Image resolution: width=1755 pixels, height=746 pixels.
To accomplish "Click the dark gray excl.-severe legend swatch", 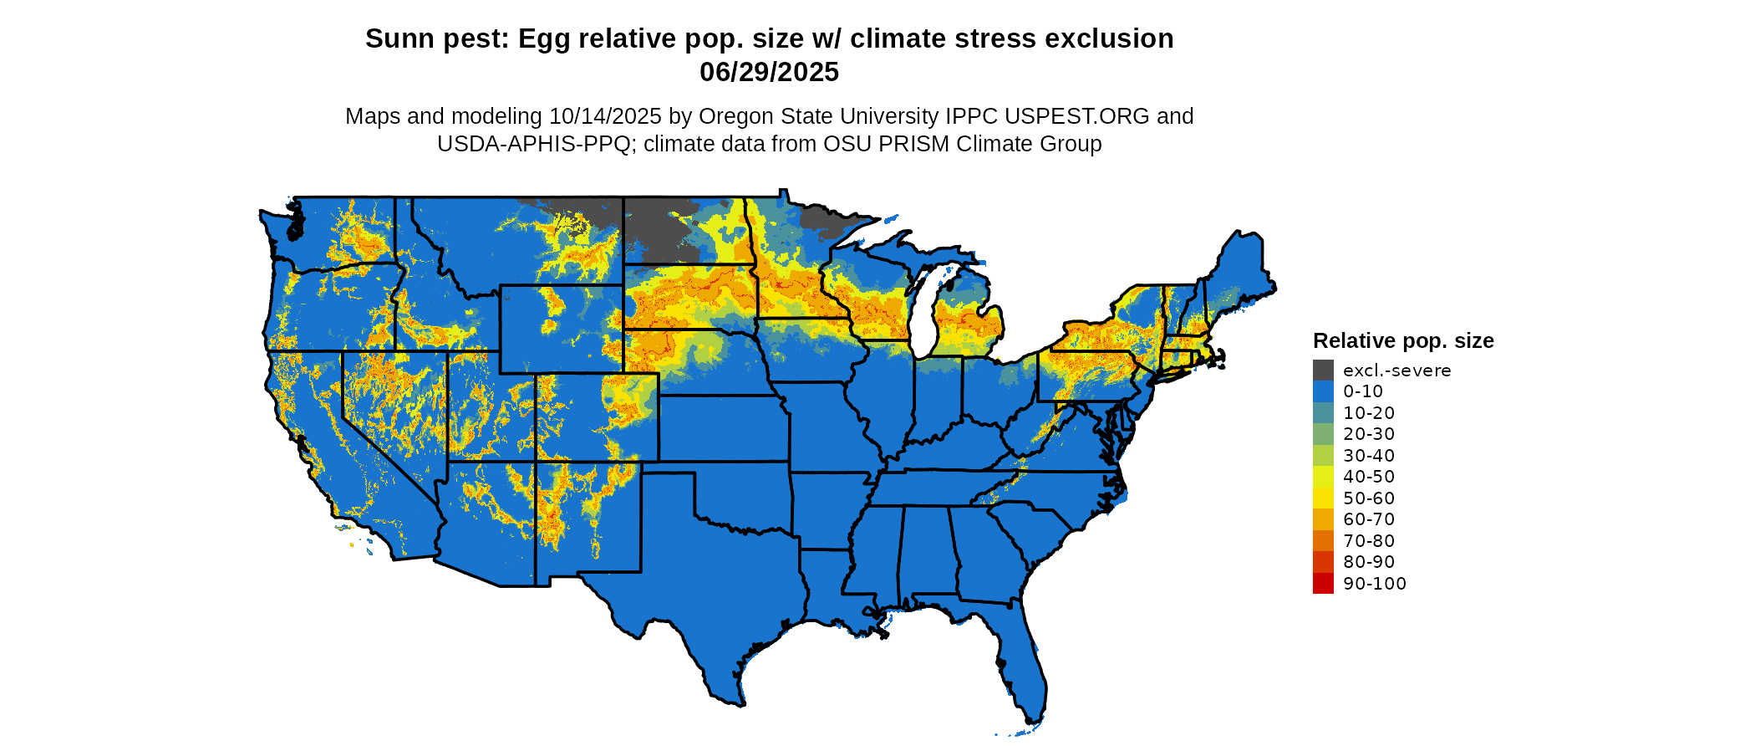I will pyautogui.click(x=1323, y=370).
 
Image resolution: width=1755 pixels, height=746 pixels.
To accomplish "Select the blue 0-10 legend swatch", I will pyautogui.click(x=1323, y=391).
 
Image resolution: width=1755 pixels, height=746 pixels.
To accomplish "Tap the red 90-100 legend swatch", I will pyautogui.click(x=1323, y=583).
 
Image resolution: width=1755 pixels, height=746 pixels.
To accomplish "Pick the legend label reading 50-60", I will pyautogui.click(x=1369, y=498).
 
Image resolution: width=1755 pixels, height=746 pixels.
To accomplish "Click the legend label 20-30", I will pyautogui.click(x=1369, y=434).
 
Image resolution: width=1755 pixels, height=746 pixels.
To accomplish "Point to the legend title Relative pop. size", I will pyautogui.click(x=1403, y=340).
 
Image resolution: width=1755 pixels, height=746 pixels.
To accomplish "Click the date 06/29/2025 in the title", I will pyautogui.click(x=769, y=73).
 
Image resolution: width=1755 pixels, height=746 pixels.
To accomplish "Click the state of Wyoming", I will pyautogui.click(x=560, y=330).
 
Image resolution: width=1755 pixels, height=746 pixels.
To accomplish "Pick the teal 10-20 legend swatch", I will pyautogui.click(x=1323, y=412).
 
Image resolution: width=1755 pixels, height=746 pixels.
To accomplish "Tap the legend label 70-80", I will pyautogui.click(x=1369, y=541).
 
